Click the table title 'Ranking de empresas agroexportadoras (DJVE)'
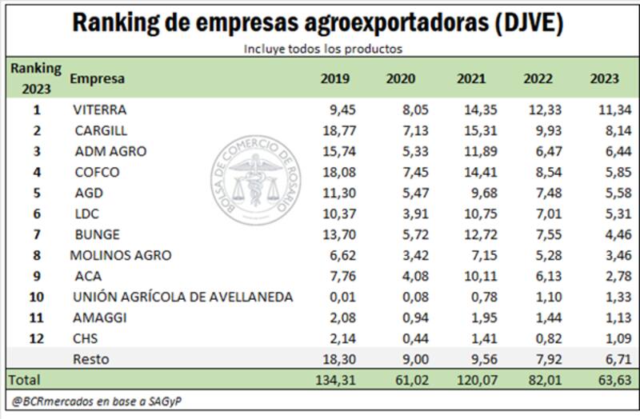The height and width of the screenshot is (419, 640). [x=318, y=22]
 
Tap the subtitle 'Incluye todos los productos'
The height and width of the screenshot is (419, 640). [x=322, y=49]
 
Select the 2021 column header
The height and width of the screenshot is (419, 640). [x=471, y=78]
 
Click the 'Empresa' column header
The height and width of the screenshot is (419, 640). [x=97, y=78]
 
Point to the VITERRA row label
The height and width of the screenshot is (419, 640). [x=99, y=110]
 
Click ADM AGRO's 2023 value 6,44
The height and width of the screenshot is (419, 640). [x=605, y=151]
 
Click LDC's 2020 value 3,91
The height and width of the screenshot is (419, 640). [x=403, y=213]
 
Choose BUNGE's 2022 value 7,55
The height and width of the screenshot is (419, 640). [x=538, y=234]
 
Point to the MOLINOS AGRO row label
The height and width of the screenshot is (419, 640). [x=121, y=255]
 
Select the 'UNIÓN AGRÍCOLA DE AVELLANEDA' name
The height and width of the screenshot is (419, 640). [x=182, y=297]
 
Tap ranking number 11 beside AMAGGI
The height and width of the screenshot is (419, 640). [x=36, y=317]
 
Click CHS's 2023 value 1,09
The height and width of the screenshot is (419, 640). [x=605, y=338]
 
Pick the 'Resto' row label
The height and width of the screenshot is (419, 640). [x=90, y=359]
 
